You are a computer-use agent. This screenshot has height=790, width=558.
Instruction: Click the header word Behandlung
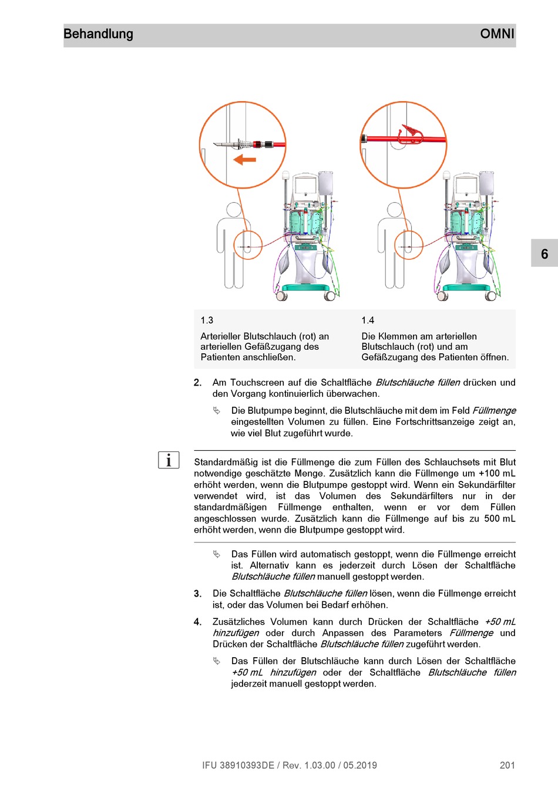(x=98, y=34)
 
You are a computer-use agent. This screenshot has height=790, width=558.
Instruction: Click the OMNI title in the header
(x=497, y=34)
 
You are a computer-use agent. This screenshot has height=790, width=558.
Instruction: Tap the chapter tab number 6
(x=544, y=254)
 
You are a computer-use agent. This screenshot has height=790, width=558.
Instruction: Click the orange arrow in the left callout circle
(x=244, y=159)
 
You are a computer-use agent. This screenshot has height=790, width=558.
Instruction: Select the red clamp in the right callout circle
(x=410, y=134)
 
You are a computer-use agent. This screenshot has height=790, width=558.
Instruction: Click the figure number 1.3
(x=207, y=320)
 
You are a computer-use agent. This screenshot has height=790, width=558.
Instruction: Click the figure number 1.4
(x=368, y=320)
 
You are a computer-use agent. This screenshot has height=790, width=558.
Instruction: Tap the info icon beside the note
(x=169, y=460)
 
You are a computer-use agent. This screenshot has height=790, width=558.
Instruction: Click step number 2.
(x=197, y=383)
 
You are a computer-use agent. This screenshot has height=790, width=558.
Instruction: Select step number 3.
(x=197, y=594)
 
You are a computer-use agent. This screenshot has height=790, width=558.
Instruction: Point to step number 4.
(x=197, y=622)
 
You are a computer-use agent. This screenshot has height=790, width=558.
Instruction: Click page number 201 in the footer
(x=507, y=765)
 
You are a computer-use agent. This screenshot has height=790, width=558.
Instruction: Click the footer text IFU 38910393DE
(x=238, y=765)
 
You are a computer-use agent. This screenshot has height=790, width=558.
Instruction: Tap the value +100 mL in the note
(x=497, y=473)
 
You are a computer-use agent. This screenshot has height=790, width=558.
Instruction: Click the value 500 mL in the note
(x=500, y=518)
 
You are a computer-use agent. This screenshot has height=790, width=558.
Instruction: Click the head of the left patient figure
(x=234, y=210)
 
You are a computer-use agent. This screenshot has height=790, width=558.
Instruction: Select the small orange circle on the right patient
(x=409, y=245)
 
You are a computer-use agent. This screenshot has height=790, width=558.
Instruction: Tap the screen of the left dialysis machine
(x=305, y=186)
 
